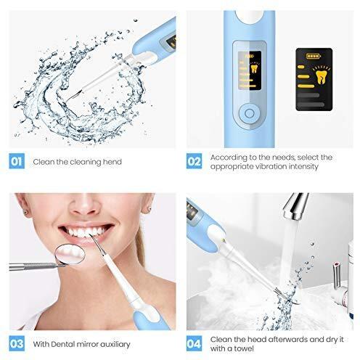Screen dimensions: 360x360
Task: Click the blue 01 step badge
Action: click(x=17, y=161)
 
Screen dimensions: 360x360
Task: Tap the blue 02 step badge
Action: click(x=194, y=161)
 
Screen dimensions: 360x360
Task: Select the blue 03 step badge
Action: click(x=17, y=343)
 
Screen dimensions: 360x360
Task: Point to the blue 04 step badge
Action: click(x=194, y=343)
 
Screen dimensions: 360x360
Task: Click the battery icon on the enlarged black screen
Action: click(x=314, y=56)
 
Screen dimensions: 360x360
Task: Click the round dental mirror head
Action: click(x=70, y=254)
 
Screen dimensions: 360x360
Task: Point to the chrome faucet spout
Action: click(x=295, y=206)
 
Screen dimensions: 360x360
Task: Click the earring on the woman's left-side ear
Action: click(x=25, y=213)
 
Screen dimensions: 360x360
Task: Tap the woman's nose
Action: click(x=84, y=205)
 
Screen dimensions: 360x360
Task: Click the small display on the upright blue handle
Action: click(x=249, y=70)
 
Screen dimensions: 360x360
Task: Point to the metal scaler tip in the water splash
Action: click(x=73, y=97)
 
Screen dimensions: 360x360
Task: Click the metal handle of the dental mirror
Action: click(x=34, y=266)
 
